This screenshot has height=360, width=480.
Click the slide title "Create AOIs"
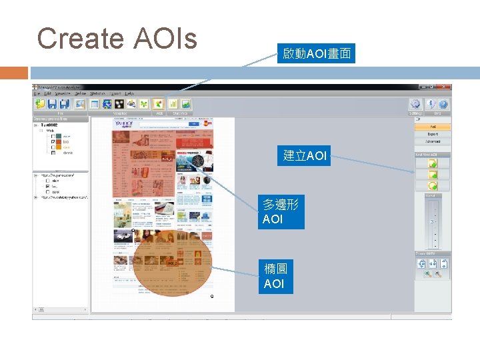point(117,39)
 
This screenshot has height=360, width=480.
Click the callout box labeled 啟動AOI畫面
point(317,53)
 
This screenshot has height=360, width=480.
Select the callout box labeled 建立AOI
point(305,156)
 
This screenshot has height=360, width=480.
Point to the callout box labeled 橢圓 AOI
point(274,276)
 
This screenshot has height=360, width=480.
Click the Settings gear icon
point(416,103)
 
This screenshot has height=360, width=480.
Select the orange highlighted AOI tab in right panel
point(433,126)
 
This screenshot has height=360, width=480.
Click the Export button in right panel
point(433,134)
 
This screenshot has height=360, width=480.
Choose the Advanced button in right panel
point(433,141)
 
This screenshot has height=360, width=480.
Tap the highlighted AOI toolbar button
point(158,103)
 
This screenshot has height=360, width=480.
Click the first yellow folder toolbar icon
point(41,103)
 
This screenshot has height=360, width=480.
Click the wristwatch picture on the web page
point(199,162)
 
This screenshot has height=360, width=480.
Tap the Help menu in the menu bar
point(129,93)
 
